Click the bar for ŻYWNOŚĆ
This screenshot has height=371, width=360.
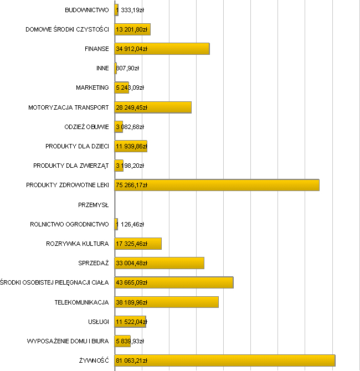pos(224,360)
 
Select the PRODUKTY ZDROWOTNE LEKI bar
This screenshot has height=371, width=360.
pos(217,185)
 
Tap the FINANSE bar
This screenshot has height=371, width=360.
pos(162,49)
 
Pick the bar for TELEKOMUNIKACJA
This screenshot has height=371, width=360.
pos(166,302)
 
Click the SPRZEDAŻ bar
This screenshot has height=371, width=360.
pos(159,263)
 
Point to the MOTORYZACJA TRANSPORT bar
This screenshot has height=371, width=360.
pos(153,107)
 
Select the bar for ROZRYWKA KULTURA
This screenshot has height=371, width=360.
pos(138,244)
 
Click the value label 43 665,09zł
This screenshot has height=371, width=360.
pos(131,283)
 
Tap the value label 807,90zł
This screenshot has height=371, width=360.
pos(127,69)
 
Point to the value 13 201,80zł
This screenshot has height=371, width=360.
pos(131,29)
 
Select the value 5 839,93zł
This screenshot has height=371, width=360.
pos(130,341)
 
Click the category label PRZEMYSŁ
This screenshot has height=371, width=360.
pos(94,205)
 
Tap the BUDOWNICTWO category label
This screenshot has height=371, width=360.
pos(87,10)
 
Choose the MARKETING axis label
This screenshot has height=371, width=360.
pos(92,87)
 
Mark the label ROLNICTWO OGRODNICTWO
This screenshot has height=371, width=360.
pos(69,224)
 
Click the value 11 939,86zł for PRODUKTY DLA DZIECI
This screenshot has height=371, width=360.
pos(131,147)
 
